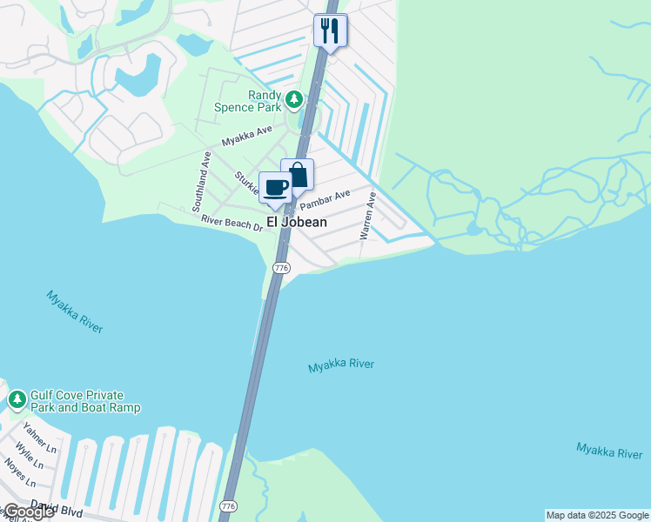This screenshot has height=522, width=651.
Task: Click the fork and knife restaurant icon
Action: [x=330, y=30]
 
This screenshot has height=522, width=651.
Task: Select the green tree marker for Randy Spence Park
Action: [x=295, y=99]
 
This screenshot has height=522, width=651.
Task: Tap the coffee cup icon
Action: [x=276, y=187]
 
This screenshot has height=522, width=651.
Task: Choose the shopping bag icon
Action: [x=298, y=175]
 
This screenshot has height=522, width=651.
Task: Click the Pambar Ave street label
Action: [x=325, y=199]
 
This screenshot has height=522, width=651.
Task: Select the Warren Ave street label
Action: [x=368, y=217]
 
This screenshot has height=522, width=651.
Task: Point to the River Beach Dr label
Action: [x=232, y=224]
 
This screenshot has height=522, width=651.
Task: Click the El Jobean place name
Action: [x=297, y=222]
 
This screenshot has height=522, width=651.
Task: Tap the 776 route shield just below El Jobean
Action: [x=281, y=268]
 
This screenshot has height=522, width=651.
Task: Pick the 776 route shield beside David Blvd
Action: [x=229, y=505]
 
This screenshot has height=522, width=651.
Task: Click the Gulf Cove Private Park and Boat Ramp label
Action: [x=84, y=401]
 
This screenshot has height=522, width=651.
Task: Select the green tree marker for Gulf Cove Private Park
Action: [x=17, y=400]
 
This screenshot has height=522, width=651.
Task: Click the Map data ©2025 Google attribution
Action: [x=598, y=515]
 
